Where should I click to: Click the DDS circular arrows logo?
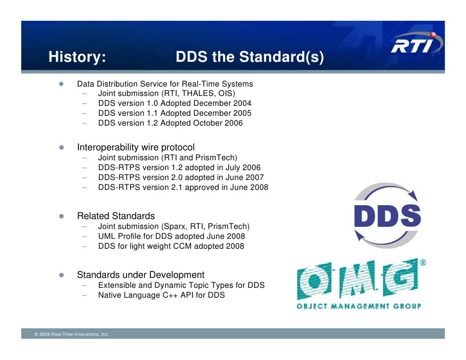(x=387, y=216)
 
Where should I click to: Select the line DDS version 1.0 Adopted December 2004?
(x=175, y=103)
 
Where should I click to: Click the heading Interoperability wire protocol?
(x=136, y=147)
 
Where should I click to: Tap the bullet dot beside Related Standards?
(x=62, y=217)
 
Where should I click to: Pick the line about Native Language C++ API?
(x=161, y=295)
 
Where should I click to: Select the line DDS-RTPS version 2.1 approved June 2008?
(x=183, y=187)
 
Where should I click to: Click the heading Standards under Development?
(x=140, y=275)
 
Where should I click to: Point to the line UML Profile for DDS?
(x=171, y=236)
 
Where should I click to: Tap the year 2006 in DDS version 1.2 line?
(x=233, y=123)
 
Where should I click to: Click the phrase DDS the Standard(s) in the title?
(x=250, y=58)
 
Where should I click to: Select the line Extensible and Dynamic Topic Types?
(x=181, y=285)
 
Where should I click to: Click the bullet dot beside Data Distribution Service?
(x=62, y=84)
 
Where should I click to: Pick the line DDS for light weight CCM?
(x=171, y=246)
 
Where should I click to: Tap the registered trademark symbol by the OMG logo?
(x=423, y=263)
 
